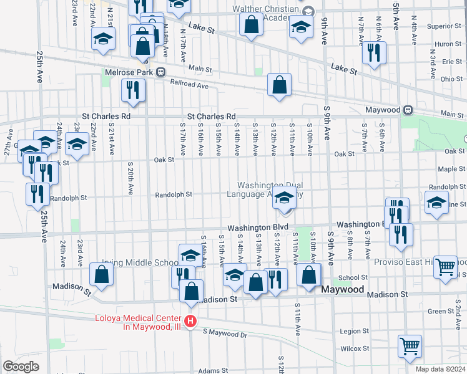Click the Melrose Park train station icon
[x=160, y=71]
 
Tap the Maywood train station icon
[x=408, y=110]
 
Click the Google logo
[x=21, y=367]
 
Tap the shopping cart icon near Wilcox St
[x=410, y=346]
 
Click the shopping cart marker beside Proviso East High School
[x=445, y=266]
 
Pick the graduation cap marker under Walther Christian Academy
[x=301, y=27]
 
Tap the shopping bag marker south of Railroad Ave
[x=279, y=84]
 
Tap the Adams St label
[x=209, y=370]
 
